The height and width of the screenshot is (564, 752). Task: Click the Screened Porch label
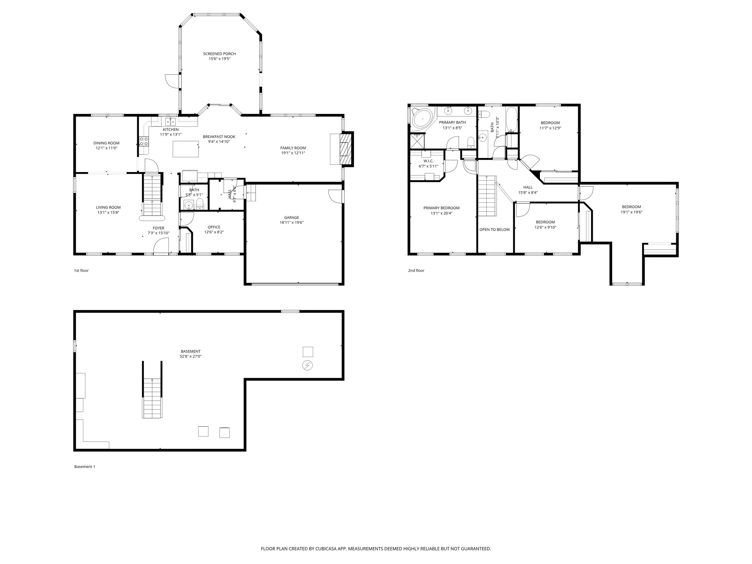pyautogui.click(x=219, y=54)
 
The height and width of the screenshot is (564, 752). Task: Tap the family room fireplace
pyautogui.click(x=345, y=149)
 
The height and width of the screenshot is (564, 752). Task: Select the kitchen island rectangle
pyautogui.click(x=186, y=149)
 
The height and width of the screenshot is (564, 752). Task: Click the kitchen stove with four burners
pyautogui.click(x=144, y=141)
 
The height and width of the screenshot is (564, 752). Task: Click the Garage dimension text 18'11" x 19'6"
pyautogui.click(x=291, y=223)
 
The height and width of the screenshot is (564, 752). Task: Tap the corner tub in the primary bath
pyautogui.click(x=421, y=119)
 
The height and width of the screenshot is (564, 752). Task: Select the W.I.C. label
pyautogui.click(x=428, y=161)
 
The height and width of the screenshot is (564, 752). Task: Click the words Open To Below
pyautogui.click(x=494, y=230)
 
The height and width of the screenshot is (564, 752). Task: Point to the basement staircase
pyautogui.click(x=152, y=398)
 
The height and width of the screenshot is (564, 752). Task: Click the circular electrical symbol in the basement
pyautogui.click(x=307, y=365)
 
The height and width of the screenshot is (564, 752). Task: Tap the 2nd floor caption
pyautogui.click(x=416, y=271)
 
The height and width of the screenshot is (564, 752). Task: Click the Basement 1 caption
pyautogui.click(x=85, y=467)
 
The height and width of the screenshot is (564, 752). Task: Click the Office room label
pyautogui.click(x=214, y=227)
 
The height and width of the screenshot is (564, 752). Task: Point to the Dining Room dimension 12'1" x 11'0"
pyautogui.click(x=106, y=148)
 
